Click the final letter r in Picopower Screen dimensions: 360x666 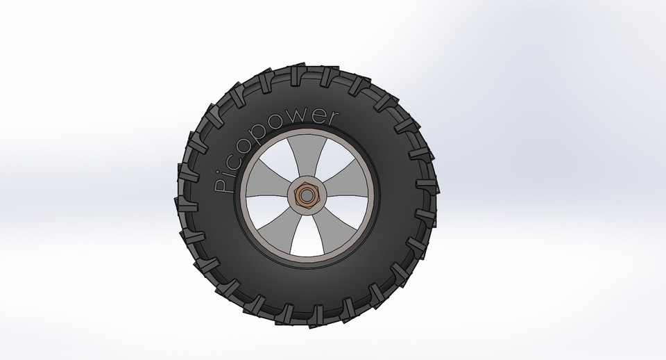(x=326, y=119)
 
